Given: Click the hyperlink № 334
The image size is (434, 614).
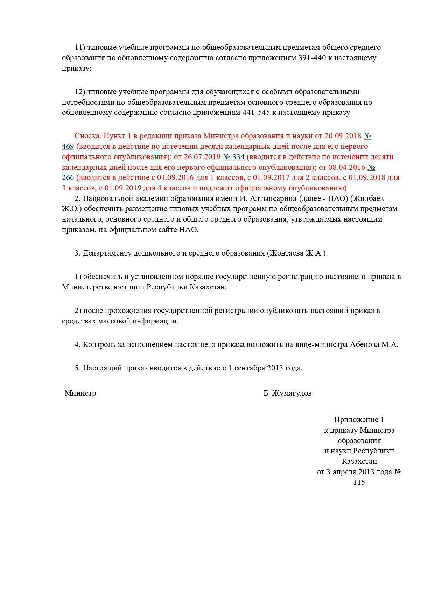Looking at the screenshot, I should [x=233, y=156].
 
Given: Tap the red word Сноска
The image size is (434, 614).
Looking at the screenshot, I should [x=87, y=136].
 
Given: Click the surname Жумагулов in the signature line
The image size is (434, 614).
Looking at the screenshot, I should [x=292, y=393].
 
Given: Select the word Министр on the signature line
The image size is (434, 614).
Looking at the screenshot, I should [x=80, y=393].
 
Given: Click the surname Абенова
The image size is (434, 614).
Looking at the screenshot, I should [x=364, y=344].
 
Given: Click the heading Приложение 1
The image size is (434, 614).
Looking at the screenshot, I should [x=359, y=420].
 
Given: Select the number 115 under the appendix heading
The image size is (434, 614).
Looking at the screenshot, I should [x=359, y=482].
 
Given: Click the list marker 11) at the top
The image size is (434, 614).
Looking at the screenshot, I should [x=80, y=47].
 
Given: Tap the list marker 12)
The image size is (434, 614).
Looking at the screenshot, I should [x=80, y=92].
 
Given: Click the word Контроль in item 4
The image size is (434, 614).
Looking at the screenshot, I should [x=99, y=344].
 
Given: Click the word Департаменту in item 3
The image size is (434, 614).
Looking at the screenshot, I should [x=107, y=253].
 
